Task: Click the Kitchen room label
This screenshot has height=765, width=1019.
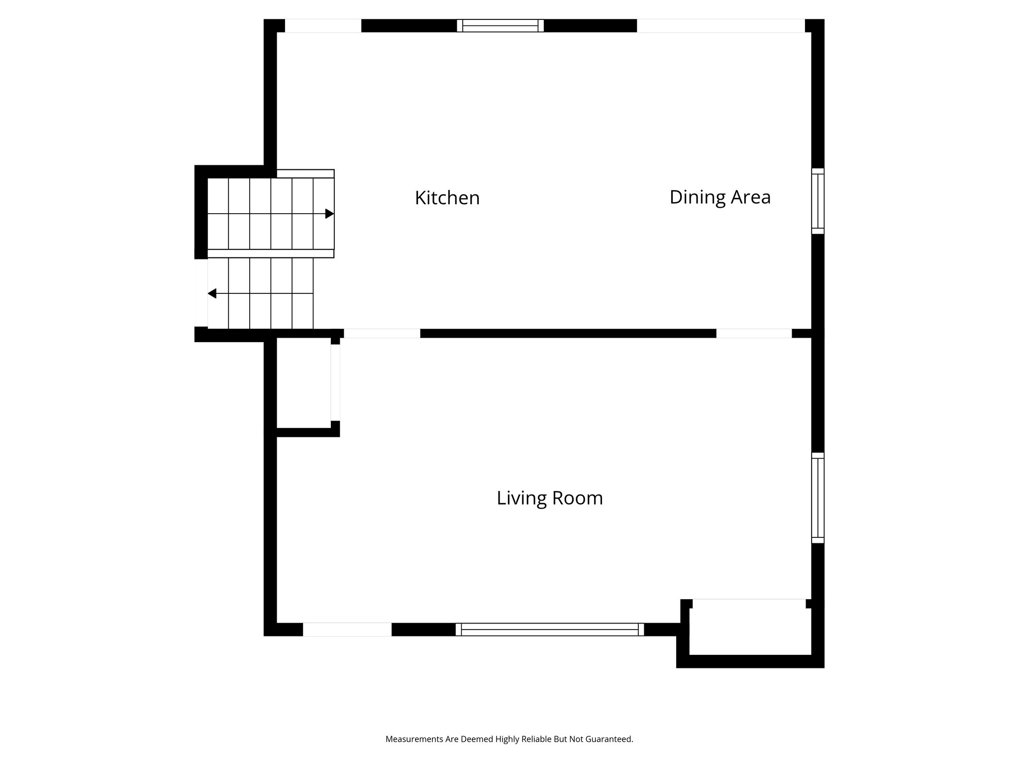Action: click(x=447, y=198)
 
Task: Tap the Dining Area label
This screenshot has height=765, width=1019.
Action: click(x=719, y=197)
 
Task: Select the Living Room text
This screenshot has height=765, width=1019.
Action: click(x=549, y=498)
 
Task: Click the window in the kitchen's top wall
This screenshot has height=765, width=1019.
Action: click(x=500, y=25)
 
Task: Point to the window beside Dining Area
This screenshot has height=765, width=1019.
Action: click(x=817, y=201)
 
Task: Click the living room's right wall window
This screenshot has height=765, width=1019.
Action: click(x=817, y=498)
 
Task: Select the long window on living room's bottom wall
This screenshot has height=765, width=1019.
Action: click(x=549, y=630)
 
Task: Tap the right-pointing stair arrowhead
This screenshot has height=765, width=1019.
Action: click(x=329, y=214)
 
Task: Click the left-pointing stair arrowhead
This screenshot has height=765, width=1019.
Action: click(x=212, y=293)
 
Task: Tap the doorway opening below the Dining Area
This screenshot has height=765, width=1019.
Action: click(x=753, y=333)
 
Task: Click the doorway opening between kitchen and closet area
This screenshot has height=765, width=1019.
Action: click(x=382, y=333)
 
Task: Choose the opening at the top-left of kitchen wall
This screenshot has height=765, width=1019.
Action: click(x=322, y=25)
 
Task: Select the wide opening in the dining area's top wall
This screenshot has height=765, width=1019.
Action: click(x=720, y=25)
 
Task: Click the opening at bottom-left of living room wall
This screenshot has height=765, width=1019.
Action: click(x=347, y=630)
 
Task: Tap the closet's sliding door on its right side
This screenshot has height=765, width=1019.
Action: click(x=335, y=382)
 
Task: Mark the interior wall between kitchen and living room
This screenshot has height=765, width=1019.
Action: click(x=567, y=333)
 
